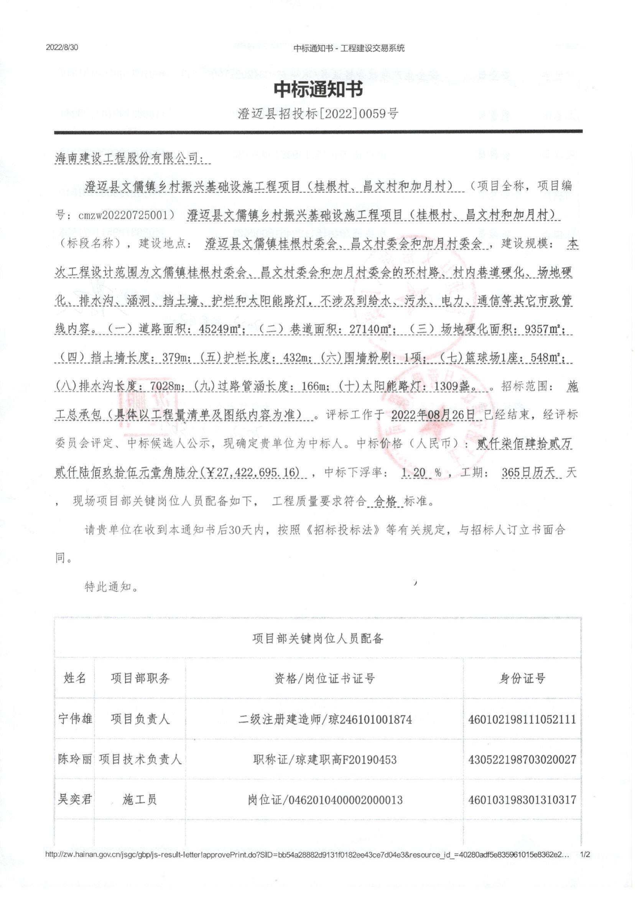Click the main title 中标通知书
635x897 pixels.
point(317,89)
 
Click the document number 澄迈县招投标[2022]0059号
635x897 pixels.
point(317,114)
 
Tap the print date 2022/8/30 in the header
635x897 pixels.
point(63,48)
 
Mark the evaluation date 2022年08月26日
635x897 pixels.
point(435,415)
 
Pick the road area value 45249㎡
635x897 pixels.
point(218,329)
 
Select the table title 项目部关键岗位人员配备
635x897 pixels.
point(317,638)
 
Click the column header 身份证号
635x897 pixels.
point(522,678)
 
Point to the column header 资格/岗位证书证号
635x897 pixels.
point(324,678)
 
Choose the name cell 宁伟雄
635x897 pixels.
point(75,719)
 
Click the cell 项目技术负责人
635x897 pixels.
point(140,759)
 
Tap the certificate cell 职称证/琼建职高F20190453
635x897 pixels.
point(324,759)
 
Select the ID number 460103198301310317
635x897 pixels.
point(522,800)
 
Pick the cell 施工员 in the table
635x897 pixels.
point(140,800)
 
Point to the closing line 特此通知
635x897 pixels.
point(111,587)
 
